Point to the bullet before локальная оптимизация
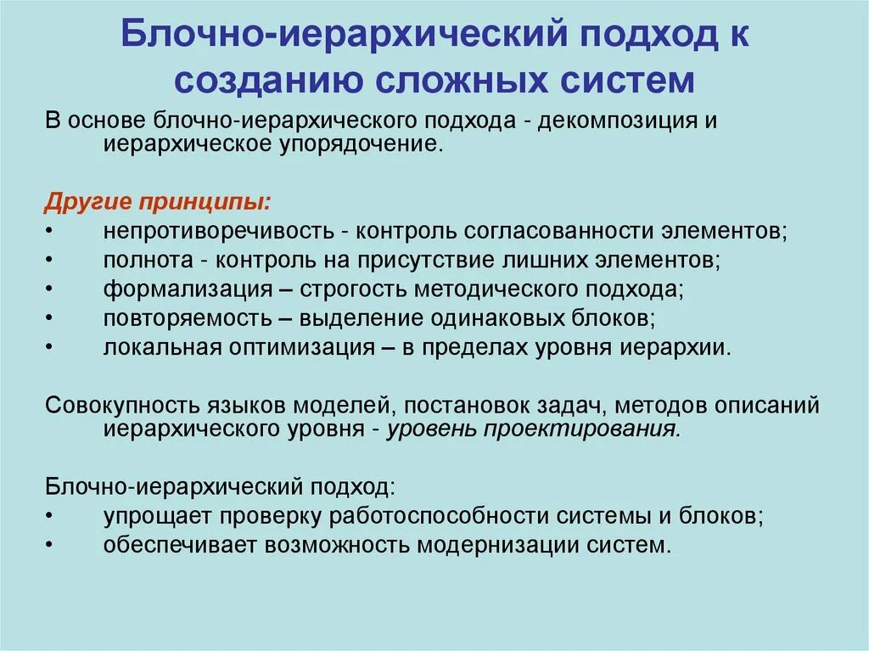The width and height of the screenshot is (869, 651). (50, 347)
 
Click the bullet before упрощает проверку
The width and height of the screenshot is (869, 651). (50, 515)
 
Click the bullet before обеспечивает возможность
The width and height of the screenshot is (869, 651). (50, 544)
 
